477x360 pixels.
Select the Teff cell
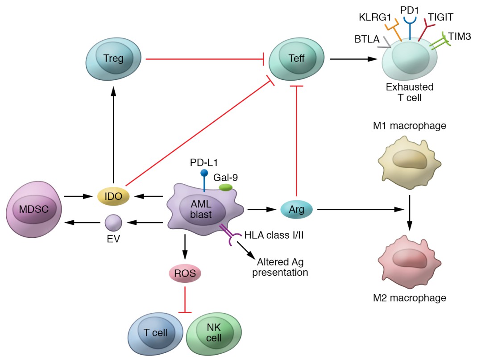coord(297,58)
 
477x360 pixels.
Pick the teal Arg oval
coord(297,208)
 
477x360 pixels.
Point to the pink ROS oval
coord(184,273)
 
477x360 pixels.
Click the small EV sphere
coord(113,222)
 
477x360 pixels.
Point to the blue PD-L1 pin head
coord(204,173)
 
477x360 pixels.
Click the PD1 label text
coord(409,8)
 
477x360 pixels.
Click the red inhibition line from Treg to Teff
coord(205,58)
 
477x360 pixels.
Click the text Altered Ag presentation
coord(280,267)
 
